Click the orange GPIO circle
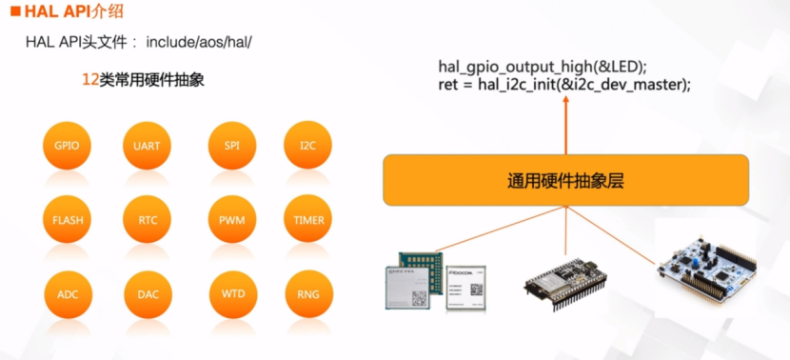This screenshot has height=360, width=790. tap(67, 147)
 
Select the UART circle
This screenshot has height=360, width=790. tap(148, 147)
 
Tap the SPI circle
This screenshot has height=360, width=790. tap(231, 147)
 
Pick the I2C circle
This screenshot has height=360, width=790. tap(307, 147)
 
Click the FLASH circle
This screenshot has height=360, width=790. tap(67, 220)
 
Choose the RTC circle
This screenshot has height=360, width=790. tap(148, 220)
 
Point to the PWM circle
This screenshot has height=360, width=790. tap(231, 220)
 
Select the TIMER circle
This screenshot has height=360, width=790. tap(308, 220)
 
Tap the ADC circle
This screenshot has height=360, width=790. tap(67, 294)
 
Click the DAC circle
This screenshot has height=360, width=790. tap(148, 294)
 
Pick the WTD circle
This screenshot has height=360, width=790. tap(231, 294)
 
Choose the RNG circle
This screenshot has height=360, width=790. tap(308, 294)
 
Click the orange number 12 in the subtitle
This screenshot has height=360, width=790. tap(90, 82)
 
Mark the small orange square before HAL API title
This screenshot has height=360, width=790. tap(14, 12)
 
